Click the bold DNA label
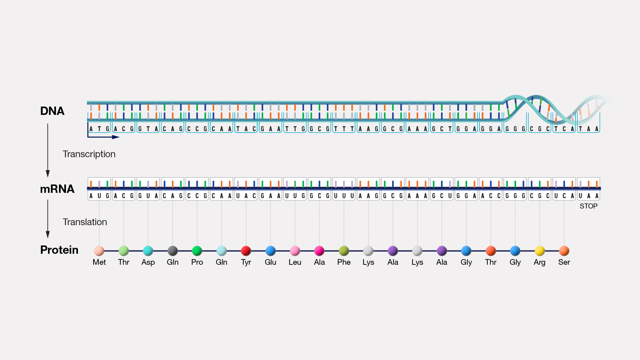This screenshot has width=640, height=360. (52, 111)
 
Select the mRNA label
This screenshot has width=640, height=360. (57, 189)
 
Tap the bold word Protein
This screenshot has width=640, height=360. (59, 250)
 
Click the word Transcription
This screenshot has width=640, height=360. (89, 154)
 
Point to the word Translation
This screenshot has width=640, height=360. (85, 222)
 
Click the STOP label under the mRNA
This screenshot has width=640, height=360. (588, 206)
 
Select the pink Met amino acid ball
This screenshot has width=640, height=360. (99, 250)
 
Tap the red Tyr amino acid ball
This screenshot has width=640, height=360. (246, 250)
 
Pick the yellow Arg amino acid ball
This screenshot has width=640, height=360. (539, 250)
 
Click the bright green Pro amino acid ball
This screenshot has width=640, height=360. (197, 250)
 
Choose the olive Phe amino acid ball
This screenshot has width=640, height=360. (344, 250)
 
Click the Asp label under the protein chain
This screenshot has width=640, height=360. (148, 262)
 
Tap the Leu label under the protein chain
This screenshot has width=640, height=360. (295, 262)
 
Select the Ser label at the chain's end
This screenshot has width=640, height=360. (564, 262)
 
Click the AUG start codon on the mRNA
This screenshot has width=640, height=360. (99, 196)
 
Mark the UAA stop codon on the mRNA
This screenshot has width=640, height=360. (588, 196)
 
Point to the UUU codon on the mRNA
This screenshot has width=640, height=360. (344, 196)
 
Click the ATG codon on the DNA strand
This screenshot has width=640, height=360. (99, 129)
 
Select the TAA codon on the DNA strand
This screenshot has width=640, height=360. (588, 129)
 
